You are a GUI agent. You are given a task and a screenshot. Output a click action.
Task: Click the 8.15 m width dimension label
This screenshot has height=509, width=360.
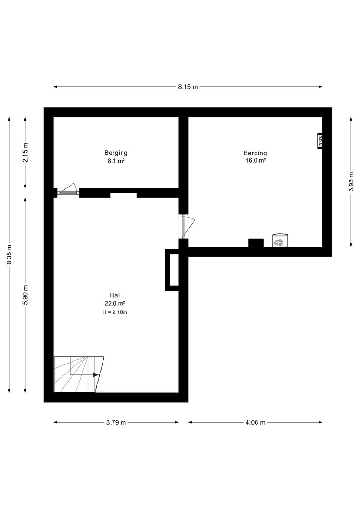click(x=188, y=87)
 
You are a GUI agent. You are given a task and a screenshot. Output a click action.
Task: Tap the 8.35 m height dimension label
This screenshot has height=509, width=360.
click(x=10, y=254)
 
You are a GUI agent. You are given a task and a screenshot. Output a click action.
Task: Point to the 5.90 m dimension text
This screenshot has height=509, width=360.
click(x=26, y=294)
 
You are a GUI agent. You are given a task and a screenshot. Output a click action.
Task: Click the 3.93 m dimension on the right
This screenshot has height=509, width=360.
click(x=351, y=182)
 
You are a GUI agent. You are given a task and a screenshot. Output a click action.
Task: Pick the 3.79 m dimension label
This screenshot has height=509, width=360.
click(x=116, y=422)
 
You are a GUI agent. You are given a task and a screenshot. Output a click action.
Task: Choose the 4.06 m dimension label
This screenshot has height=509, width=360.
click(x=255, y=422)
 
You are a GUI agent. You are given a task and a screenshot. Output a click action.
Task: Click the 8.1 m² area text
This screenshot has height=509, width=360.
click(x=116, y=160)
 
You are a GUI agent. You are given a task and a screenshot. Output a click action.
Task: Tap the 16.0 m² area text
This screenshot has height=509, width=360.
click(x=256, y=160)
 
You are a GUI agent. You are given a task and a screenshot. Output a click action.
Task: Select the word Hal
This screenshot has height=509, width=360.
click(x=115, y=295)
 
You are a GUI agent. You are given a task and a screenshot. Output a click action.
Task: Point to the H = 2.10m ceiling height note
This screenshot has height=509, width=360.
click(x=115, y=312)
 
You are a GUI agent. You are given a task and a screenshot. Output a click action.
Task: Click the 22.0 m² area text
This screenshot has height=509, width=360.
click(x=115, y=304)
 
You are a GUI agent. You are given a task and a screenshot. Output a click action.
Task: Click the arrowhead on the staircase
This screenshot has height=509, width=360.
click(x=96, y=374)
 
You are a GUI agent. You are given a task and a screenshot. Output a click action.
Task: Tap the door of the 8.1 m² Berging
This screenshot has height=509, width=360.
click(x=67, y=190)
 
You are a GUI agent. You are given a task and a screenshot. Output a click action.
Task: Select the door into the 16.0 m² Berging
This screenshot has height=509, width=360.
click(x=188, y=226)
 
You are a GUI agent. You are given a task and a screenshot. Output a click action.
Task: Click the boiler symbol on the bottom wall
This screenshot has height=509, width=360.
click(x=279, y=240)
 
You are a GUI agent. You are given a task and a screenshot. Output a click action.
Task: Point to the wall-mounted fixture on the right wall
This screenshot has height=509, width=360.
click(x=320, y=141)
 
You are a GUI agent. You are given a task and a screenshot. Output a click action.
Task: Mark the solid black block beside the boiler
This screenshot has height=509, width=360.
click(x=256, y=243)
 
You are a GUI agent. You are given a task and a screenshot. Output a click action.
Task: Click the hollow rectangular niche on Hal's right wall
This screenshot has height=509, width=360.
click(x=172, y=270)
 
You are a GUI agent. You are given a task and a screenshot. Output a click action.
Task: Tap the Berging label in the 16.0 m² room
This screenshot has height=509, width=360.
click(x=255, y=153)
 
